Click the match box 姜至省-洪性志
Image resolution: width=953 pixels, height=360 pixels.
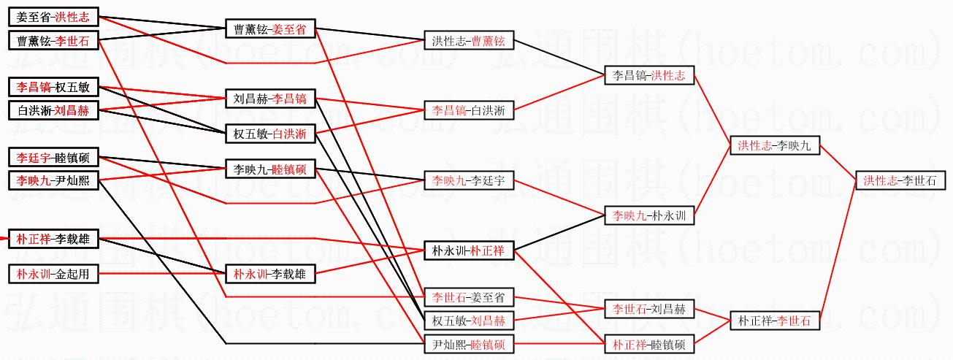click(53, 16)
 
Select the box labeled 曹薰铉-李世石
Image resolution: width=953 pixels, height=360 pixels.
click(53, 42)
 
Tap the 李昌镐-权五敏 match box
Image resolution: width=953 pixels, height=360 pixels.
click(53, 88)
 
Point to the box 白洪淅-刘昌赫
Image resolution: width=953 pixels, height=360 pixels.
click(53, 111)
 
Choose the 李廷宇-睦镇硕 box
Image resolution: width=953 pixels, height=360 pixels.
click(53, 157)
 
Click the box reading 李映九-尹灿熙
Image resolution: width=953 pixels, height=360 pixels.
click(53, 180)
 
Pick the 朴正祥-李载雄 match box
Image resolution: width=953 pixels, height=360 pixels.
click(53, 239)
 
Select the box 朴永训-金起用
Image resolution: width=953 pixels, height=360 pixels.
click(53, 274)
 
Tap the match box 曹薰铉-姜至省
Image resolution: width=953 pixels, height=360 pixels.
click(270, 29)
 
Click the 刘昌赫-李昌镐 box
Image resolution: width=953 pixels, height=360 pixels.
click(270, 99)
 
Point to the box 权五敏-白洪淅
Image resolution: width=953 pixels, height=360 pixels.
click(270, 134)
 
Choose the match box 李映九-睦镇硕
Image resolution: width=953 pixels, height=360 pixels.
click(270, 169)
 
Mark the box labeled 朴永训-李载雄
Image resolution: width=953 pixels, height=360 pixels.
click(270, 275)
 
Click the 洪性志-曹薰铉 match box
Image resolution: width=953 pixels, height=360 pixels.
click(469, 40)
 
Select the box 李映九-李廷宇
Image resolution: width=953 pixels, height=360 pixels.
click(469, 180)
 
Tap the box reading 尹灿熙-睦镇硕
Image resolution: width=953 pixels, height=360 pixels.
click(469, 343)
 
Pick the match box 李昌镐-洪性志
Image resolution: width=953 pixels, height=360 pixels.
click(648, 75)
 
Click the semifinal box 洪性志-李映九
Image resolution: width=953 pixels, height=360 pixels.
click(774, 146)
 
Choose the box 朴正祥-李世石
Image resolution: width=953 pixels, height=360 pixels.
click(774, 320)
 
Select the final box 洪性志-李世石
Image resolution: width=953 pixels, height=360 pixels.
click(899, 180)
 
